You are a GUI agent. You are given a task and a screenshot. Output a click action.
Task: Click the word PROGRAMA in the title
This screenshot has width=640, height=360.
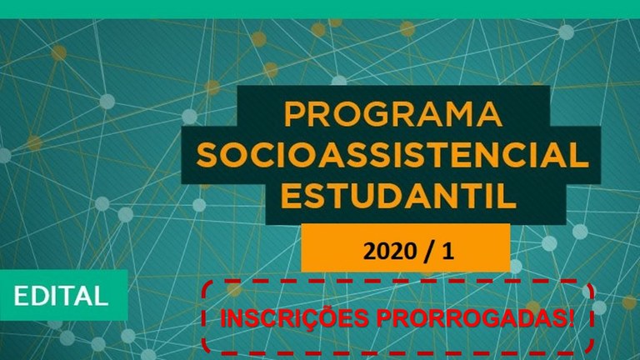(x=393, y=114)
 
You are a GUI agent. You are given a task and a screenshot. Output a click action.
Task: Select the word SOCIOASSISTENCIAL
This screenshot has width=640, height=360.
(x=392, y=155)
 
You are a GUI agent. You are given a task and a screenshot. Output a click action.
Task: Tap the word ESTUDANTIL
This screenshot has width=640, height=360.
(x=398, y=196)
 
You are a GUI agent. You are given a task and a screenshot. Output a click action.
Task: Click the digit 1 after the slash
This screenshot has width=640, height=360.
(x=447, y=251)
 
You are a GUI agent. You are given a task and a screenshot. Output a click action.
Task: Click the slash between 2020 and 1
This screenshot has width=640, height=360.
(x=428, y=251)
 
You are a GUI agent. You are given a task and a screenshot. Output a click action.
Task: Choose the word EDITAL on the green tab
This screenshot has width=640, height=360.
(x=61, y=296)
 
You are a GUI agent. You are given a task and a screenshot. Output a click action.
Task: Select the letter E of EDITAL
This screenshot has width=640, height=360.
(x=22, y=296)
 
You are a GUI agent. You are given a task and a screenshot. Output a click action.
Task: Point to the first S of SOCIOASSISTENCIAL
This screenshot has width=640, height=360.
(x=207, y=155)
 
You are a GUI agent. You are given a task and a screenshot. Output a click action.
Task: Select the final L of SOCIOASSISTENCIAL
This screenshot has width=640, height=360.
(x=579, y=155)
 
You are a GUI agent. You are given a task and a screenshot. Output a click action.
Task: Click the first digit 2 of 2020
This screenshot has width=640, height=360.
(x=369, y=251)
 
